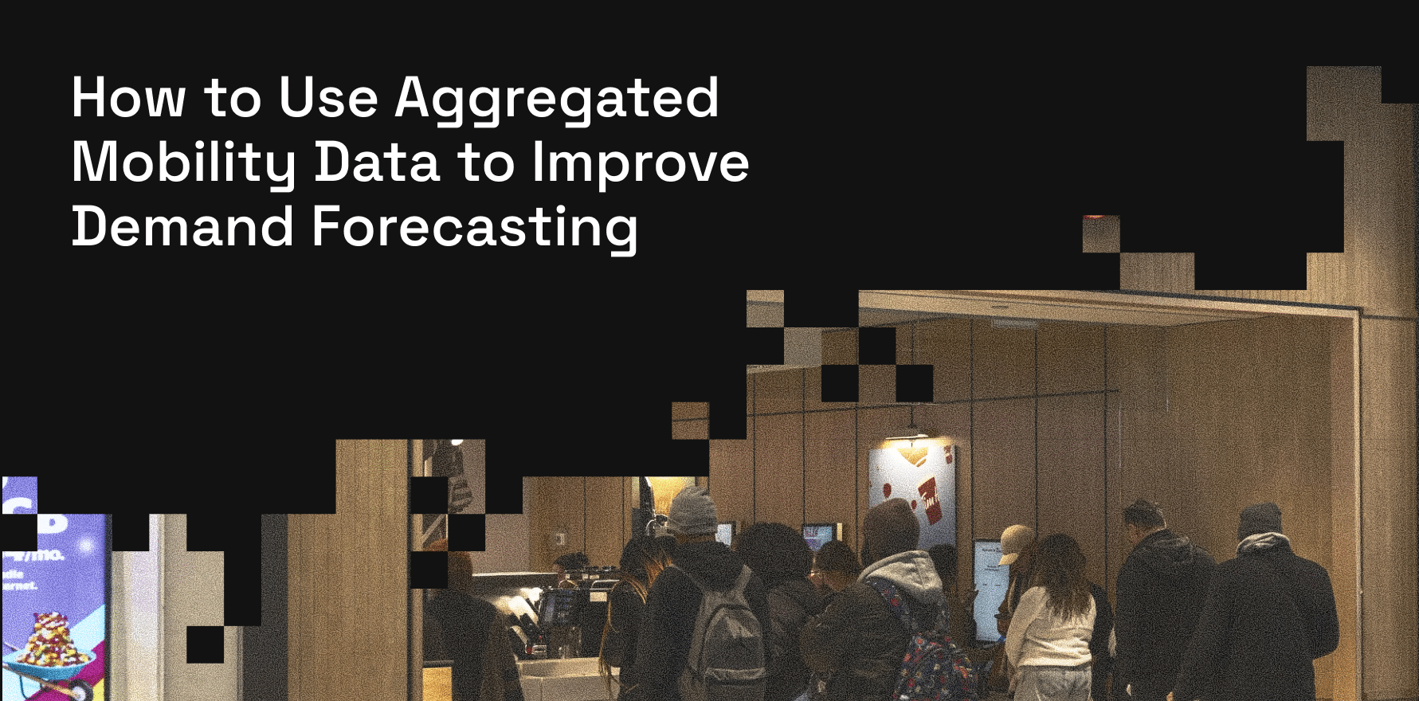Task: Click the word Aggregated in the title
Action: tap(557, 99)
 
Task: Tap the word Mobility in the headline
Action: tap(183, 163)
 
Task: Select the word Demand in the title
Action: tap(182, 227)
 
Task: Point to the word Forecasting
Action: tap(475, 228)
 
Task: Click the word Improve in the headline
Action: tap(641, 163)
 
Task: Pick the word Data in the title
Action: tap(377, 163)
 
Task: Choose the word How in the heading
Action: tap(128, 99)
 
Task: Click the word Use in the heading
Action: tap(328, 99)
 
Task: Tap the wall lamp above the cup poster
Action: tap(911, 434)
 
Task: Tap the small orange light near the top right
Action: tap(1096, 216)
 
